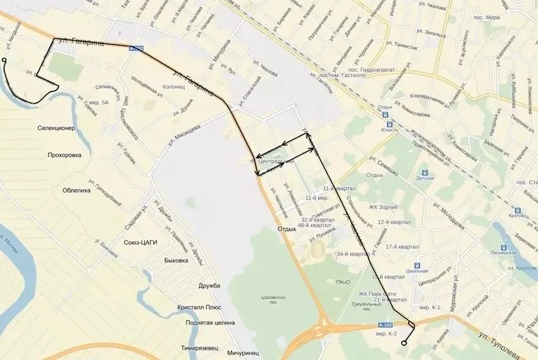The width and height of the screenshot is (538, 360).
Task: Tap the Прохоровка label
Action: (x=64, y=155)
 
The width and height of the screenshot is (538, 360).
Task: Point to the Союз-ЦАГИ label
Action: (x=140, y=242)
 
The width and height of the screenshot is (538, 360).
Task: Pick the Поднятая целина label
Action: (x=202, y=323)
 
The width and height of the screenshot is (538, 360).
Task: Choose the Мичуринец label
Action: (x=243, y=352)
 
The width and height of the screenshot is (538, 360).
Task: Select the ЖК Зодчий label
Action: (x=383, y=206)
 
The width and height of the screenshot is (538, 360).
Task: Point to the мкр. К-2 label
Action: (x=386, y=333)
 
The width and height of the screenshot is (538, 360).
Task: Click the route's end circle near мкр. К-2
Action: (x=403, y=343)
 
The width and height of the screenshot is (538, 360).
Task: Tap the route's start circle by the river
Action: (x=4, y=61)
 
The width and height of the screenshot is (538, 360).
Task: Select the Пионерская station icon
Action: (x=497, y=244)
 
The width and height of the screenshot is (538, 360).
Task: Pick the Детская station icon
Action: (x=425, y=173)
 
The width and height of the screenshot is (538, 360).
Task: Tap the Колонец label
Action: (x=173, y=87)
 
